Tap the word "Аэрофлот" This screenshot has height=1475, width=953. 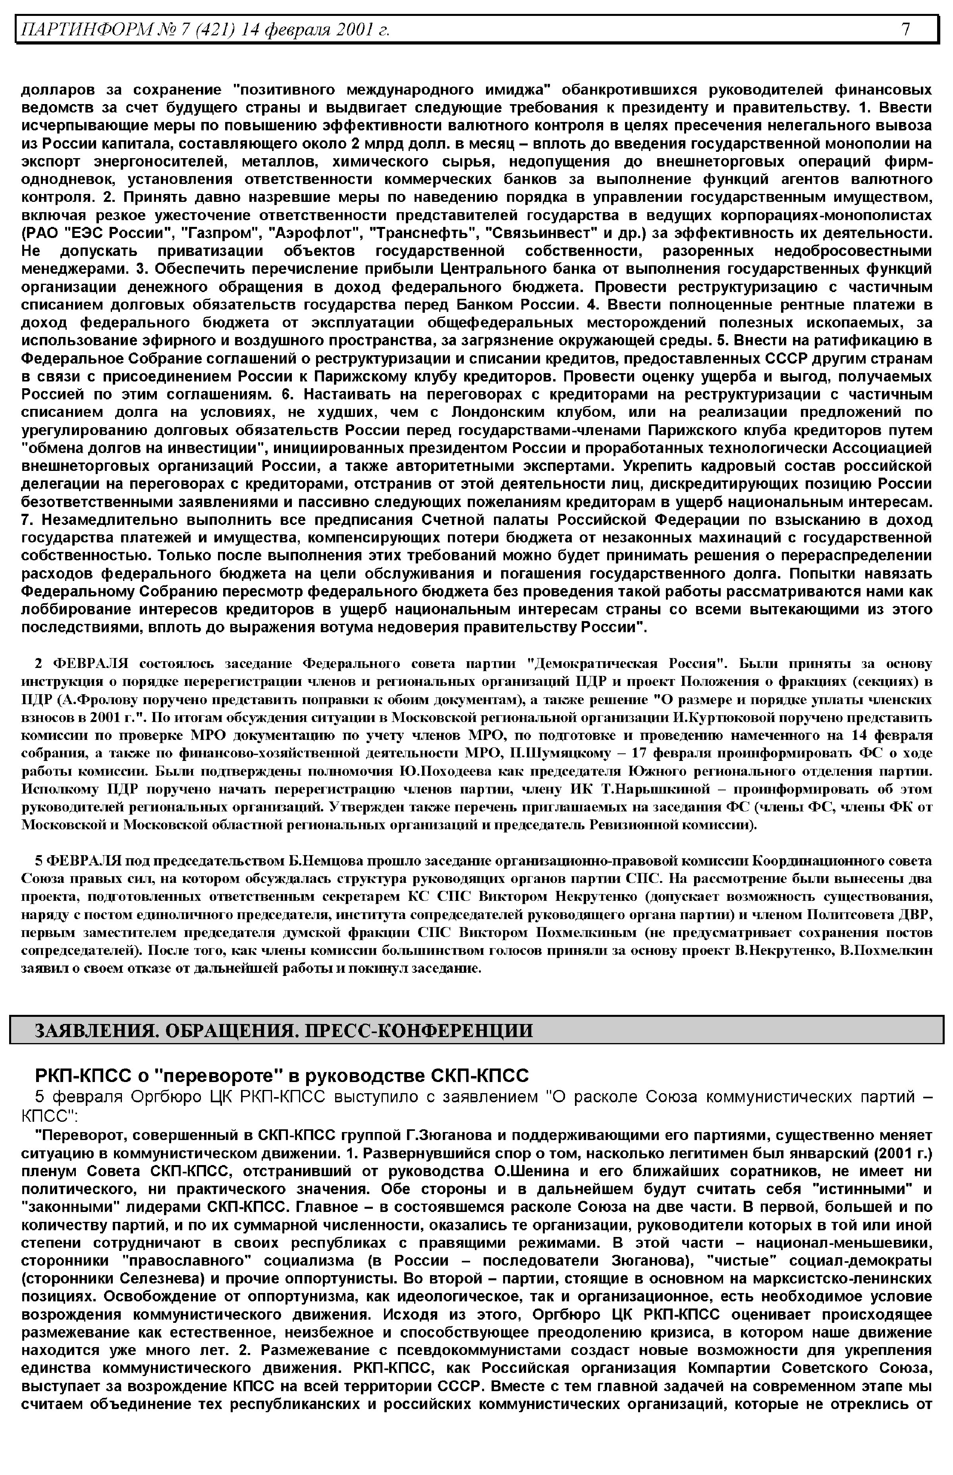[x=305, y=233]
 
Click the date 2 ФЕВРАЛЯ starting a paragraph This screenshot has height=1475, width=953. [x=81, y=664]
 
